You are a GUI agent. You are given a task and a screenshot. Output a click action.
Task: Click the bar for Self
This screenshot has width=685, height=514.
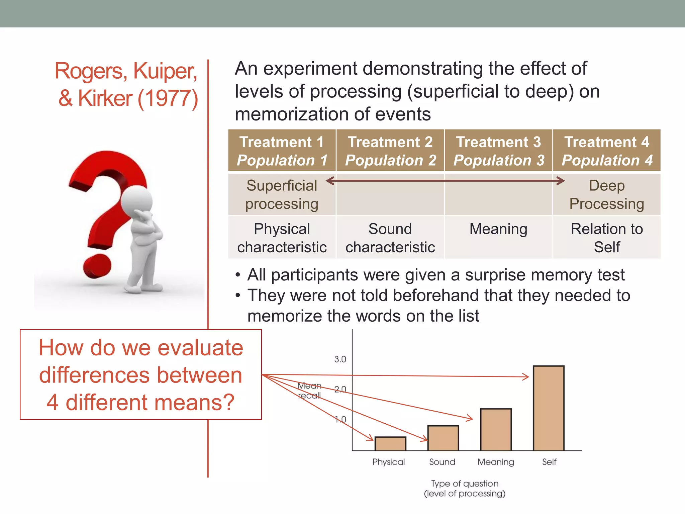(549, 408)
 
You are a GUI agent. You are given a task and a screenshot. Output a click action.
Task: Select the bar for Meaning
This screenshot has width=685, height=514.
(496, 430)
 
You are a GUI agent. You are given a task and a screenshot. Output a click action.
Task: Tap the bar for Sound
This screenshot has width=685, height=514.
(443, 438)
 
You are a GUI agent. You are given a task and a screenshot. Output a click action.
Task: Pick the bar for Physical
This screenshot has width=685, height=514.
(390, 444)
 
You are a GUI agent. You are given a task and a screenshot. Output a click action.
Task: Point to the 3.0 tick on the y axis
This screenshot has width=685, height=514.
(340, 359)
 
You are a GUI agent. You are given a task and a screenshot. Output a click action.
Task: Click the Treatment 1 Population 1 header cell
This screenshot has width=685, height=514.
(282, 151)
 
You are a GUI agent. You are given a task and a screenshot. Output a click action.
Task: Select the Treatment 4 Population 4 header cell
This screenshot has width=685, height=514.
(607, 151)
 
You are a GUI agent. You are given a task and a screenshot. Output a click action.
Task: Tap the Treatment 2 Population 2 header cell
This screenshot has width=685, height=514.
(390, 151)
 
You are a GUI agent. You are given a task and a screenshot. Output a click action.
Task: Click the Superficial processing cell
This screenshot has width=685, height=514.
(282, 195)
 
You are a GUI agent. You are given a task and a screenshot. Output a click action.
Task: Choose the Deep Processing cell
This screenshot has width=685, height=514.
(607, 195)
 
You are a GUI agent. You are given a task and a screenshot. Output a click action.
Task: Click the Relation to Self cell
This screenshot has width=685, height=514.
(607, 238)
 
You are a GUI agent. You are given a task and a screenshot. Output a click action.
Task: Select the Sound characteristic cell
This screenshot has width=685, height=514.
(390, 238)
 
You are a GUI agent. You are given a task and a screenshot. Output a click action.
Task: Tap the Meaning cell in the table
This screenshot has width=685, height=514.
(498, 230)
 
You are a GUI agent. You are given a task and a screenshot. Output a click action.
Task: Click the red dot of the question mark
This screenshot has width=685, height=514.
(97, 266)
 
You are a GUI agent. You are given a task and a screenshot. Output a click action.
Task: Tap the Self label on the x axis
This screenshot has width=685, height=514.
(549, 462)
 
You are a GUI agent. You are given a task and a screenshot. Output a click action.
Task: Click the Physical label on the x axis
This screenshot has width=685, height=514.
(389, 462)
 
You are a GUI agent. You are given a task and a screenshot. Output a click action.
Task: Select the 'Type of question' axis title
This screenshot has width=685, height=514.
(465, 484)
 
